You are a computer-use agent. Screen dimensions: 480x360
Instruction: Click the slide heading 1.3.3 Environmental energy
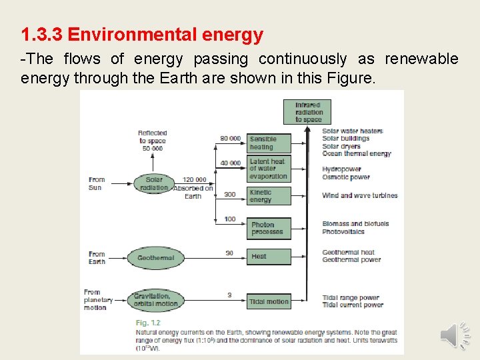click(142, 35)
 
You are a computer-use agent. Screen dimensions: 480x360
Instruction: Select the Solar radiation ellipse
click(154, 183)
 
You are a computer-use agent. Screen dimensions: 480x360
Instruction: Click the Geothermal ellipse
click(155, 258)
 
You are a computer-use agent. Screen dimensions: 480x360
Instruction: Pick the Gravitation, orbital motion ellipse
click(155, 299)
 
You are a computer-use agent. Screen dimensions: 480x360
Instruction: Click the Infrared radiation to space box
click(307, 112)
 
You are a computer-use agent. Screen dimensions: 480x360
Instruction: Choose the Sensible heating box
click(269, 143)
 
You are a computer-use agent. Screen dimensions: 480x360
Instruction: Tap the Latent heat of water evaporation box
click(269, 169)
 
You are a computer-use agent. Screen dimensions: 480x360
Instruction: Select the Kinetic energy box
click(269, 195)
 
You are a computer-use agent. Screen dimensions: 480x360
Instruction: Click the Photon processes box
click(269, 228)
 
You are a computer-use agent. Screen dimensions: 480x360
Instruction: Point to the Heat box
click(269, 257)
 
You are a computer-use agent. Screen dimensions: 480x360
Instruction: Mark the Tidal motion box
click(269, 301)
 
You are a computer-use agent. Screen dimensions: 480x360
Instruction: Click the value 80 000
click(230, 139)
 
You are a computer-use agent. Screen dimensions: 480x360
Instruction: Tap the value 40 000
click(230, 163)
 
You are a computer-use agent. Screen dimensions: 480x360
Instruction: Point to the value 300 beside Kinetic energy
click(229, 195)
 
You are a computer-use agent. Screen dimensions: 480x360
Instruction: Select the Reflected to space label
click(153, 137)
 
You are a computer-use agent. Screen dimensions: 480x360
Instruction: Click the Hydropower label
click(341, 169)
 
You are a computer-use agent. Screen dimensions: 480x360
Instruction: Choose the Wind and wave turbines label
click(359, 195)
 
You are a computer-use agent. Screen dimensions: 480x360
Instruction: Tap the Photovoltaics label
click(343, 232)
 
